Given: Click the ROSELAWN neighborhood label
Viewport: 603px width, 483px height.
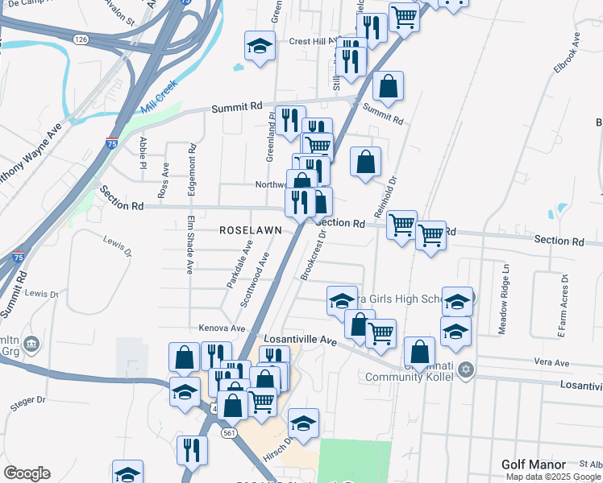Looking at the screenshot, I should pos(251,230).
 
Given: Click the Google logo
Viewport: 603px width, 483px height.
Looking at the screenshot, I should pos(27,473).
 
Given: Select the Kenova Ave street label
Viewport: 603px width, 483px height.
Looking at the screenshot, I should pos(222,328).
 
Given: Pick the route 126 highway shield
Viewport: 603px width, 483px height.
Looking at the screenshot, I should pos(79,39).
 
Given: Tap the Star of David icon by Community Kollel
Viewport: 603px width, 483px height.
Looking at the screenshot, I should pos(464,369).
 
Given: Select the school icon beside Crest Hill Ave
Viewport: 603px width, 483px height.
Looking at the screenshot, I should pos(260,47).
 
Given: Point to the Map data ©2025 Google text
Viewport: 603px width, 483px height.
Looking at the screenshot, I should pos(553,476).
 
